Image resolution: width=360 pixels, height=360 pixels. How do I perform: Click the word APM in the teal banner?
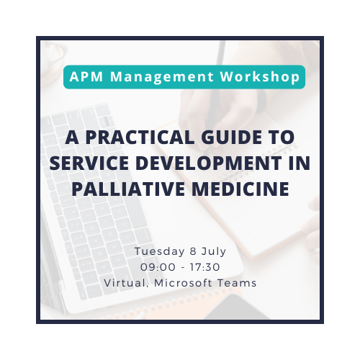tap(86, 76)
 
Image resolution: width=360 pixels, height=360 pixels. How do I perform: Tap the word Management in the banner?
tap(162, 78)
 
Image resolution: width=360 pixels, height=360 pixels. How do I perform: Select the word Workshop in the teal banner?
tap(260, 77)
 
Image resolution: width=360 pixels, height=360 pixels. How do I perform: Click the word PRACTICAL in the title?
tap(140, 138)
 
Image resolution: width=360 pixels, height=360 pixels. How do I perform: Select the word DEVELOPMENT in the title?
tap(208, 163)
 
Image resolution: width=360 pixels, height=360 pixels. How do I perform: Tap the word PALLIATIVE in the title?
tap(128, 189)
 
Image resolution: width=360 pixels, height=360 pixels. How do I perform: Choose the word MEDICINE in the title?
tap(240, 189)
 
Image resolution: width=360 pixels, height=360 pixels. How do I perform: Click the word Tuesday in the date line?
tap(160, 252)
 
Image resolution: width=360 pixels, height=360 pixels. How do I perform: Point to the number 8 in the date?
tap(193, 251)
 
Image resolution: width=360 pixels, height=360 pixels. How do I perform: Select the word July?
tap(214, 252)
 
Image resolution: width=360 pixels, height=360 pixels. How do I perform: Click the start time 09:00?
tap(158, 267)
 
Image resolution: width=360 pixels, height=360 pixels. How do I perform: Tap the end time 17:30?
tap(205, 267)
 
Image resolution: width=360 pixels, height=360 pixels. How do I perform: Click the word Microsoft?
tap(184, 283)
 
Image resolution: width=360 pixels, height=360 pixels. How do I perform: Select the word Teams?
tap(237, 283)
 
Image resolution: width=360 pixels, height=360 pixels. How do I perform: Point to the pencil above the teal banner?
tap(221, 53)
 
